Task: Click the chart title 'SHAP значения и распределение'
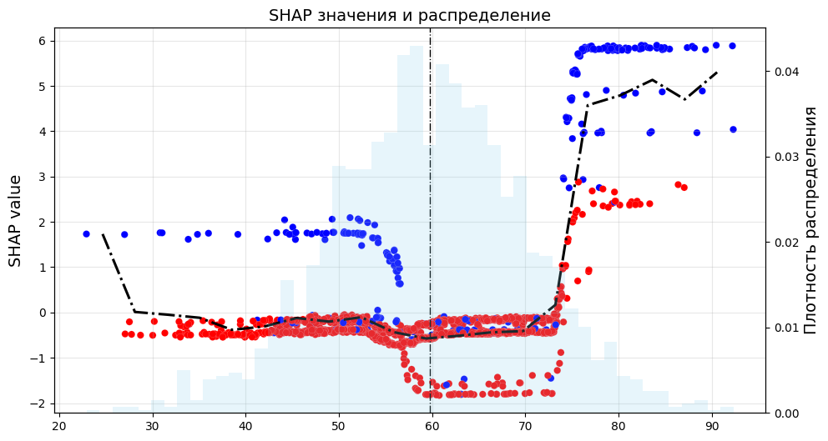pos(409,16)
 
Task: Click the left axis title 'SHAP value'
pos(15,221)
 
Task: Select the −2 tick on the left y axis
pos(39,403)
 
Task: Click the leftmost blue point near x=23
pos(86,234)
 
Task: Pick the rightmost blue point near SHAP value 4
pos(733,129)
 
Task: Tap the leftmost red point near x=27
pos(125,333)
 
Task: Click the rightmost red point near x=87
pos(684,188)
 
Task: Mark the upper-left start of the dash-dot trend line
pos(103,234)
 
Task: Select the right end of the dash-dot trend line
pos(717,73)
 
